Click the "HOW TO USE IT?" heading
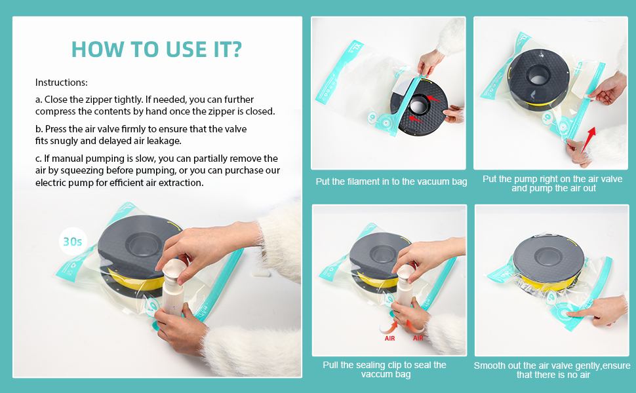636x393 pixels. click(157, 49)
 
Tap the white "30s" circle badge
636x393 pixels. click(73, 242)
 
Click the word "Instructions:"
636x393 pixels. click(61, 83)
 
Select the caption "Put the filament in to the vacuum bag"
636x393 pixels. click(391, 181)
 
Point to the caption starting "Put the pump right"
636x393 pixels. click(553, 183)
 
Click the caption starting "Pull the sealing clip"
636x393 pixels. click(384, 369)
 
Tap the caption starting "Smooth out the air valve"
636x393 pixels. click(552, 370)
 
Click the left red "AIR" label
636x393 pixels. click(389, 338)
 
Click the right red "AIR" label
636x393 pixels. click(418, 338)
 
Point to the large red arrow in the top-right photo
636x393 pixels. click(589, 139)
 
